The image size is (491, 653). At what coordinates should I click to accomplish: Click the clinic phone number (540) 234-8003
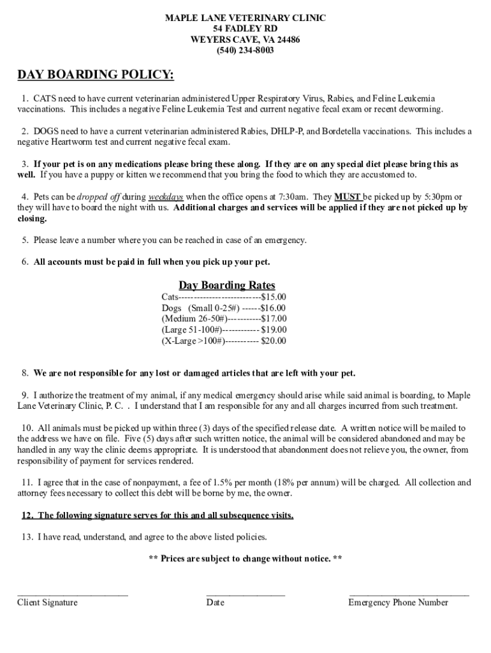(246, 50)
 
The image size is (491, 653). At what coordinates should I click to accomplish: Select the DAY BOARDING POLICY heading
(95, 76)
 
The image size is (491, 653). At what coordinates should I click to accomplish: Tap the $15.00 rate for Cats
(274, 297)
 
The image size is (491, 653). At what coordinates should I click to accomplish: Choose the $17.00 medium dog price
(274, 319)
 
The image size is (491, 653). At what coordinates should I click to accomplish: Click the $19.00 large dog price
(274, 330)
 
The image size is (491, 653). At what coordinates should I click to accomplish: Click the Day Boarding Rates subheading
(226, 285)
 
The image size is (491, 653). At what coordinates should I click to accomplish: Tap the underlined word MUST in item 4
(348, 196)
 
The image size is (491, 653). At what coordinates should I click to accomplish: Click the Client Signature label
(47, 603)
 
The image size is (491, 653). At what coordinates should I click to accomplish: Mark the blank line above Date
(246, 594)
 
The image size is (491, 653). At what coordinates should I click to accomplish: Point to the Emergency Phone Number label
(398, 603)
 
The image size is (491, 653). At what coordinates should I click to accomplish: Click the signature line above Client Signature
(72, 594)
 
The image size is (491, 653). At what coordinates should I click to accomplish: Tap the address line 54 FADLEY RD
(246, 29)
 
